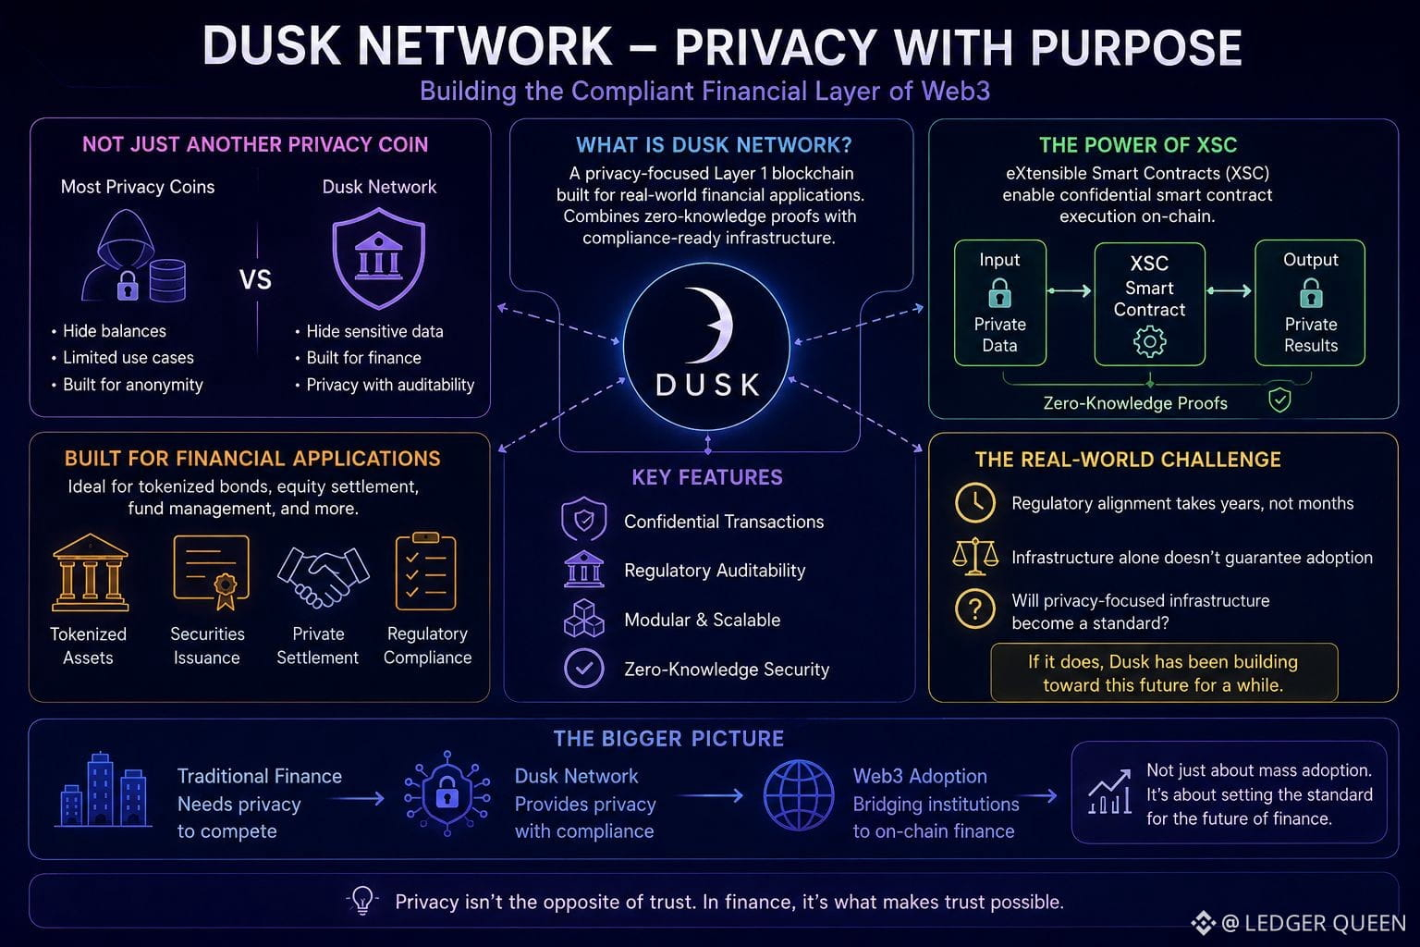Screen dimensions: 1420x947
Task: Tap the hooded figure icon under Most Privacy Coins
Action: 120,255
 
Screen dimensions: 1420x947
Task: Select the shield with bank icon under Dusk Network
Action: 378,258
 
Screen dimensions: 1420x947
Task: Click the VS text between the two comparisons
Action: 255,279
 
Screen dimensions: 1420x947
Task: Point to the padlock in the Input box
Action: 999,293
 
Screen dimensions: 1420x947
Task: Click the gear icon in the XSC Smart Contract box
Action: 1149,342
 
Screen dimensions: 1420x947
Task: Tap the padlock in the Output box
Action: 1311,293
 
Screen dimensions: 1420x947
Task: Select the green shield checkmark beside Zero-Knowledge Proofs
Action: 1279,400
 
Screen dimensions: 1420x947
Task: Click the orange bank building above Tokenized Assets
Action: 90,572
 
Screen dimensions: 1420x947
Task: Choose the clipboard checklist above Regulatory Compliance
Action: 425,571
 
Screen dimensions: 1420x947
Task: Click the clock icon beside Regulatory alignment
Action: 975,502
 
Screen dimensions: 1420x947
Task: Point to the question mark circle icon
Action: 975,608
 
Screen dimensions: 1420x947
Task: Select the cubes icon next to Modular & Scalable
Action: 584,619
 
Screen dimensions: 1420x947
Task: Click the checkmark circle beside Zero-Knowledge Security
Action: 584,668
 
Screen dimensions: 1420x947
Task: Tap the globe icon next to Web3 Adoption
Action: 799,795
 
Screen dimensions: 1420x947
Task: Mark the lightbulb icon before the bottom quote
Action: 362,901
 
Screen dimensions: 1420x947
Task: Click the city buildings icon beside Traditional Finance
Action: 104,790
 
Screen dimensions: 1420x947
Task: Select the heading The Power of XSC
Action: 1138,145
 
